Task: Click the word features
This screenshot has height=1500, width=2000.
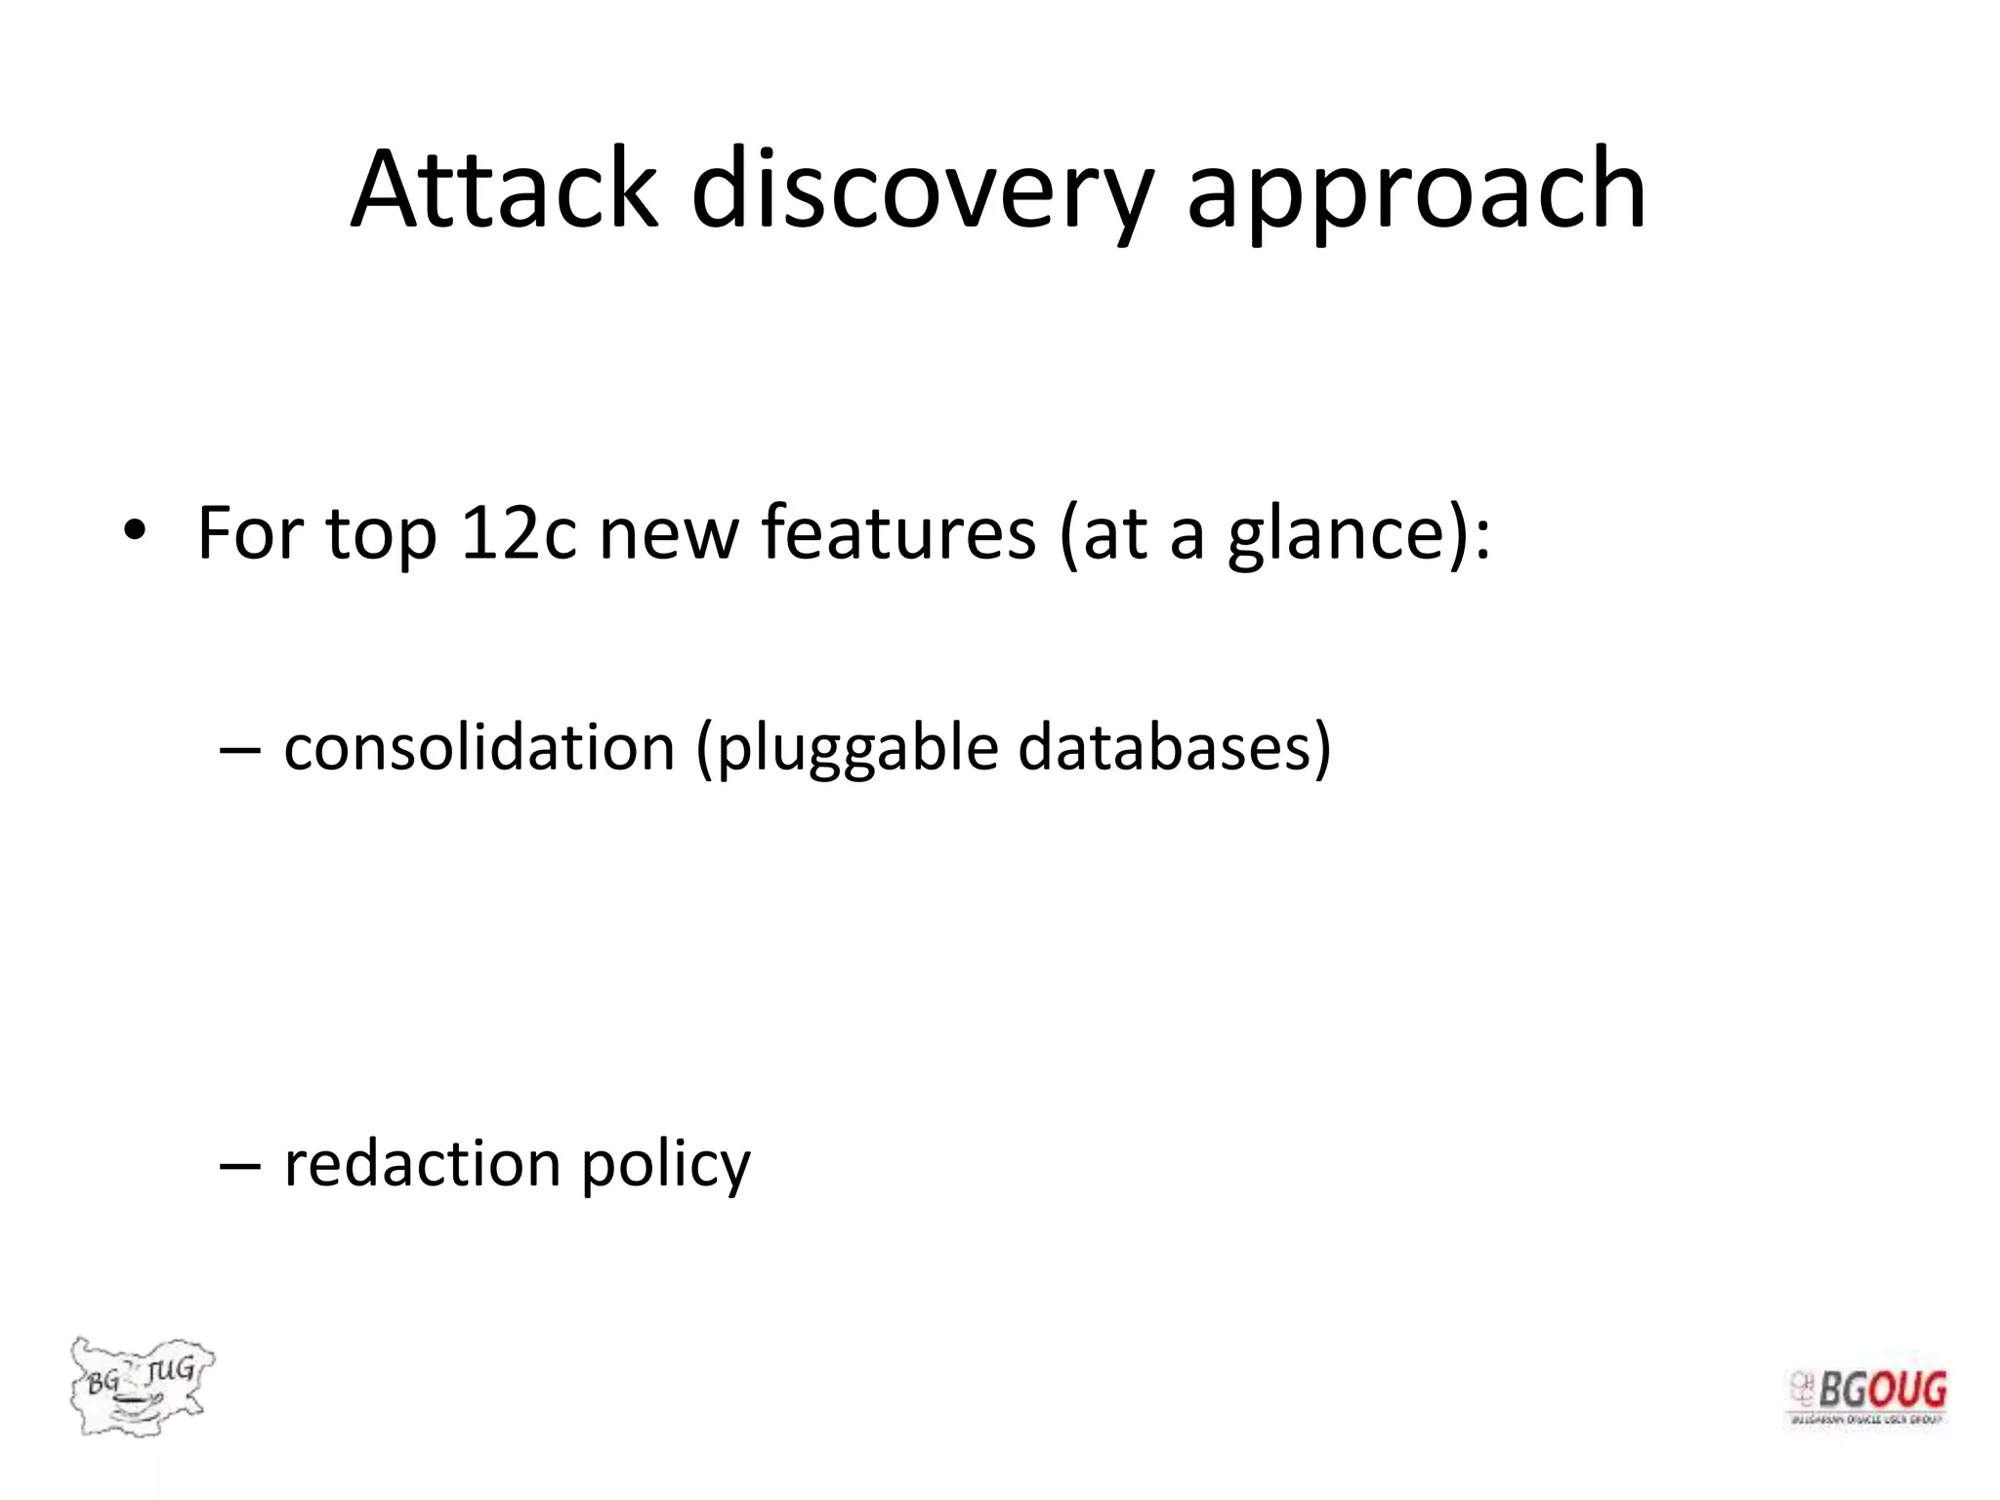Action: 897,533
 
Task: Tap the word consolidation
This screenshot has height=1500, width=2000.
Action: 479,747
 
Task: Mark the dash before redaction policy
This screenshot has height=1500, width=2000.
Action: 240,1166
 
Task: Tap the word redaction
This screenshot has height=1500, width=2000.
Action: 422,1164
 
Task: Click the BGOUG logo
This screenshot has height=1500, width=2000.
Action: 1867,1396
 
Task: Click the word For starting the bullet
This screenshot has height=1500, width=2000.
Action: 250,533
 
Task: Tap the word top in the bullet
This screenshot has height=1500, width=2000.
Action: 381,535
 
